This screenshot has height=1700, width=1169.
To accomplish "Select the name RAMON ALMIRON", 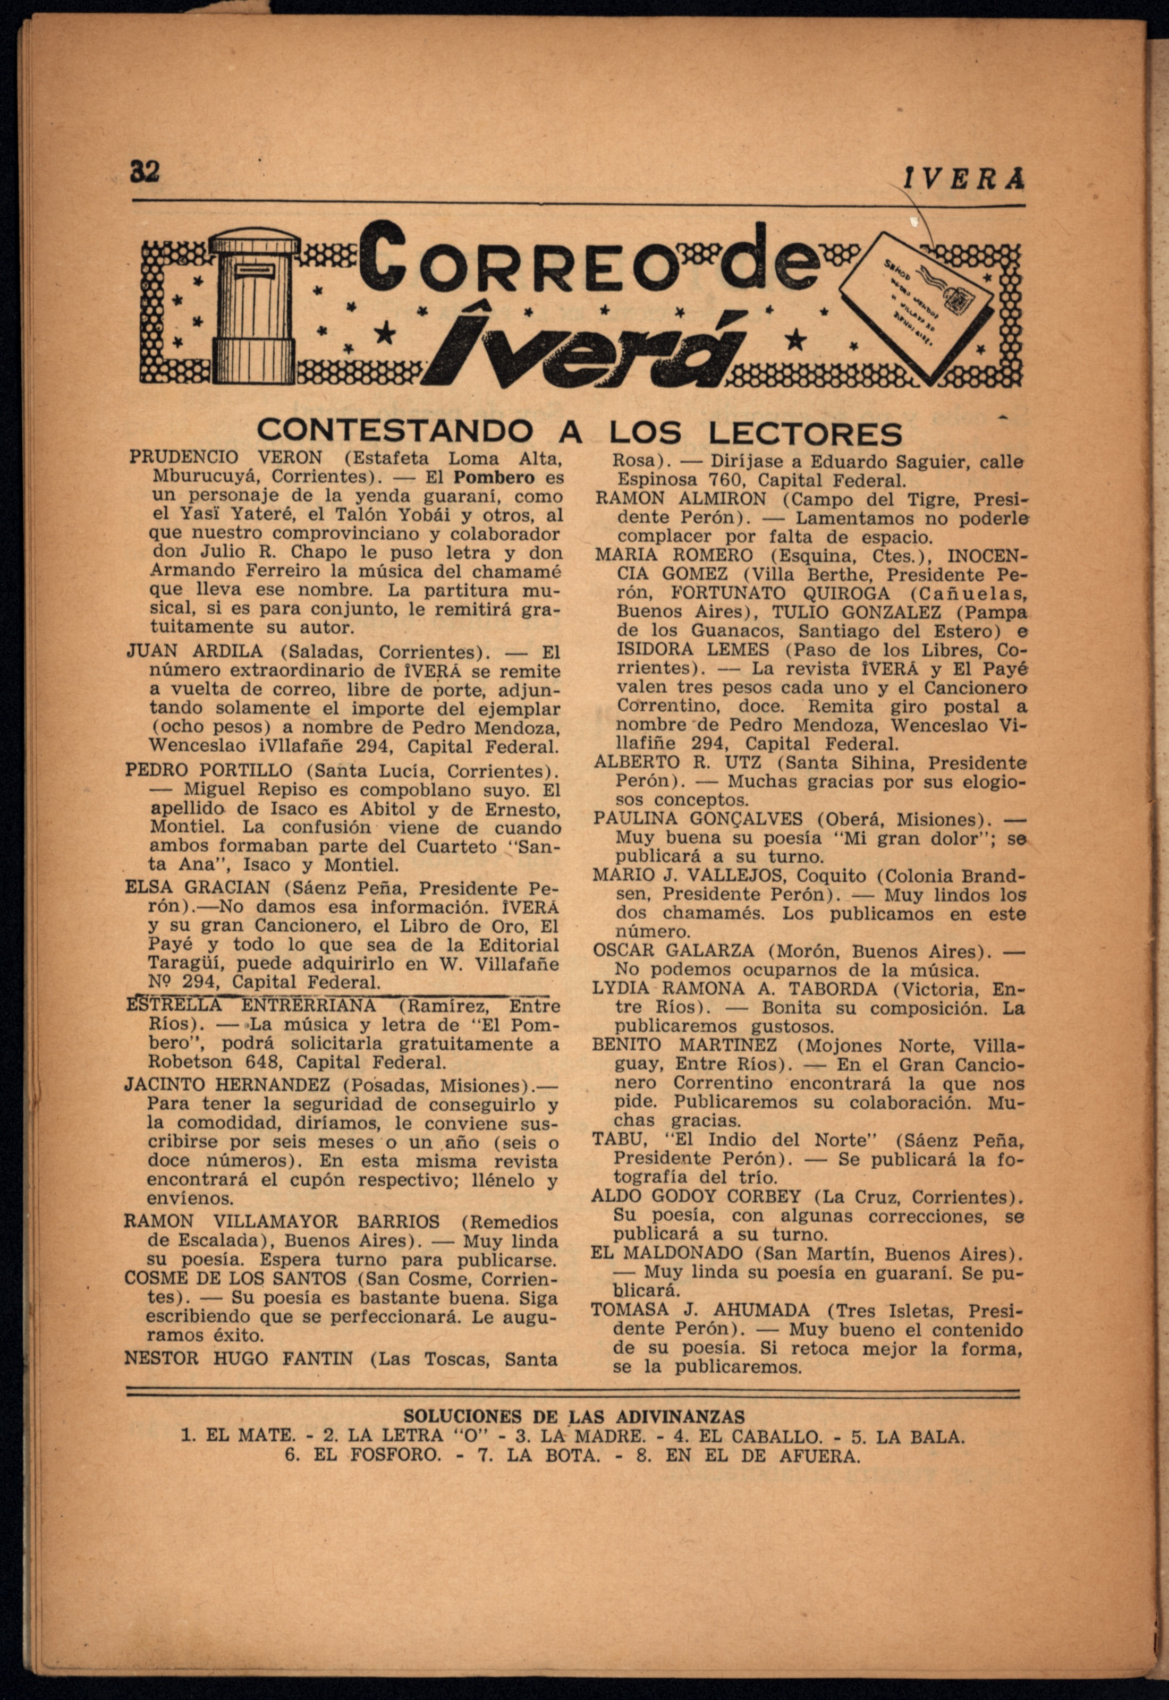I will (x=681, y=499).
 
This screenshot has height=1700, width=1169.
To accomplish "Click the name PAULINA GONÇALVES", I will (x=698, y=819).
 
